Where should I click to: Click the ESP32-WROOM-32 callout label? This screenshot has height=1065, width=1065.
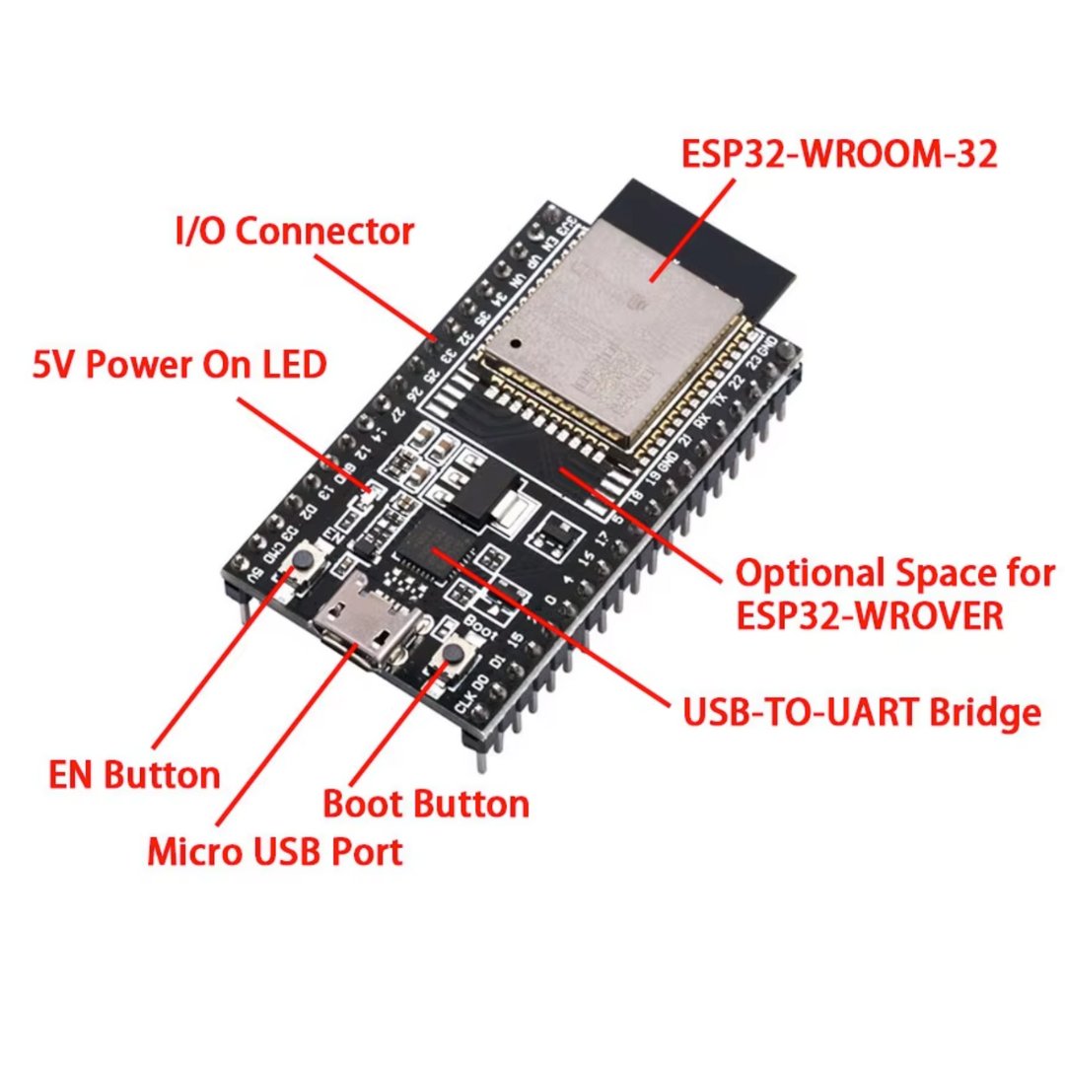point(838,155)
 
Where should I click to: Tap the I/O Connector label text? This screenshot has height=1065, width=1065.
point(294,232)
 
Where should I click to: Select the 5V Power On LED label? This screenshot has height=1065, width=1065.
point(179,366)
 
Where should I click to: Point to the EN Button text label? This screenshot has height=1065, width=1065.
point(134,774)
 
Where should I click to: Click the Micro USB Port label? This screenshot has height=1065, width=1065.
point(275,851)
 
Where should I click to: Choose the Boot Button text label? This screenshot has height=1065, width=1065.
point(426,804)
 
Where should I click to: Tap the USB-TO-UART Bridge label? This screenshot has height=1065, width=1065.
point(862,711)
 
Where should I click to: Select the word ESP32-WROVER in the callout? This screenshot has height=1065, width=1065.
point(869,616)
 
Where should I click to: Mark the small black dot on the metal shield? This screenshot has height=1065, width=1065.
point(515,343)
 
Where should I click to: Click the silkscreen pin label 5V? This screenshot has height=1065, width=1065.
point(255,576)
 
